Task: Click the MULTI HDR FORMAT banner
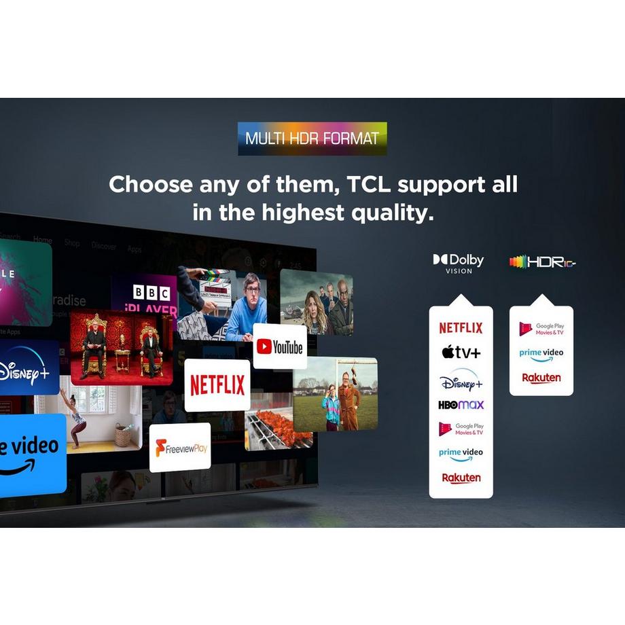pyautogui.click(x=312, y=139)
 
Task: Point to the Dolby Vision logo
pyautogui.click(x=459, y=263)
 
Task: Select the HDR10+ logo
pyautogui.click(x=542, y=262)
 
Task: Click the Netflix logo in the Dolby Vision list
pyautogui.click(x=461, y=327)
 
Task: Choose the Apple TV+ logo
pyautogui.click(x=461, y=352)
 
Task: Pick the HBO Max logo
pyautogui.click(x=461, y=405)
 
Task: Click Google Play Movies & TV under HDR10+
pyautogui.click(x=541, y=329)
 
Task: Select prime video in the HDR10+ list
pyautogui.click(x=541, y=355)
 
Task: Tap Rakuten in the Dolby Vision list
pyautogui.click(x=461, y=478)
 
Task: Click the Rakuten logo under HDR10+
pyautogui.click(x=541, y=378)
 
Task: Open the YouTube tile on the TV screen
pyautogui.click(x=280, y=347)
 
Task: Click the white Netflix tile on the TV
pyautogui.click(x=217, y=385)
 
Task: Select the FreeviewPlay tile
pyautogui.click(x=180, y=448)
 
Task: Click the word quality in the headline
pyautogui.click(x=391, y=213)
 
